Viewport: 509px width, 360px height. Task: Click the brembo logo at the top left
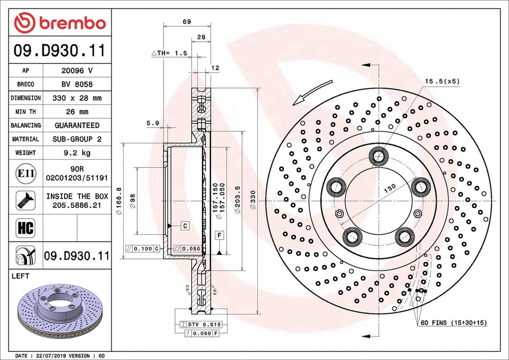pos(60,23)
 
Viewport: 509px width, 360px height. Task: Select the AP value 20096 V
pos(78,70)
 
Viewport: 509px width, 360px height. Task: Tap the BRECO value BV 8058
pos(78,84)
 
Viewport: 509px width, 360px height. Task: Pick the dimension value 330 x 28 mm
pos(78,98)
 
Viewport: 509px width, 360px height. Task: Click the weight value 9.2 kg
pos(78,153)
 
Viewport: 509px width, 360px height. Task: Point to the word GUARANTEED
pos(78,125)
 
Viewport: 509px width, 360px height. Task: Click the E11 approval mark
pos(25,174)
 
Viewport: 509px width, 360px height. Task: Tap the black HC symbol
pos(25,228)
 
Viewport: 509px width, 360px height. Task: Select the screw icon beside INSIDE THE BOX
pos(25,200)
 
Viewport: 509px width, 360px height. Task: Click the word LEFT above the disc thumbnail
pos(20,276)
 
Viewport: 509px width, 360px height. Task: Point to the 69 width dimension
pos(187,22)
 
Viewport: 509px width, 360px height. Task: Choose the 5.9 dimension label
pos(153,123)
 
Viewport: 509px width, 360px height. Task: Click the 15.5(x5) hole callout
pos(442,81)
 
